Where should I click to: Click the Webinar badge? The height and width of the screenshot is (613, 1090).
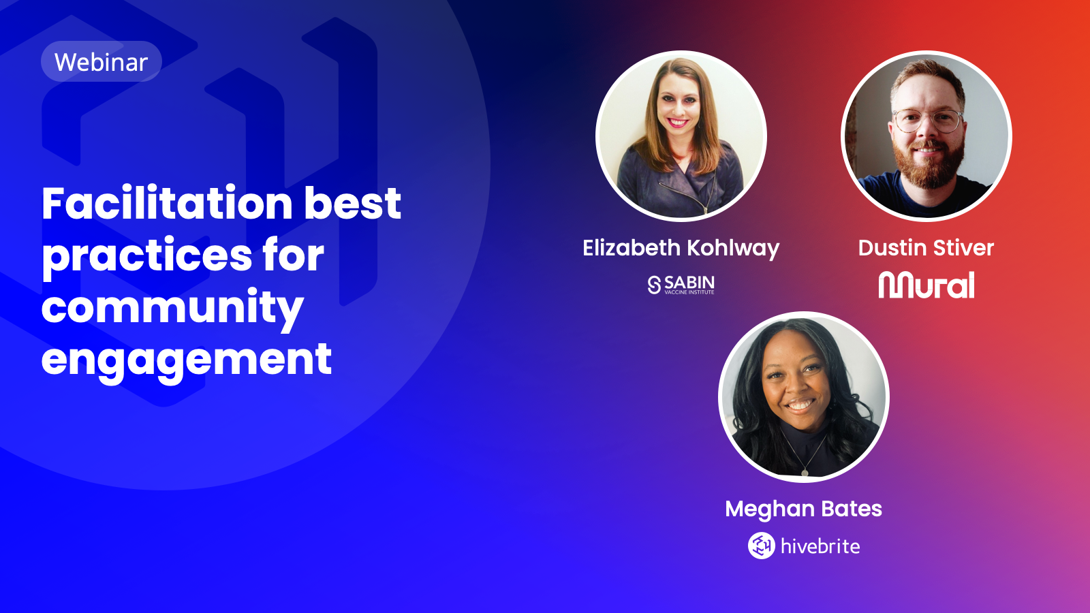pyautogui.click(x=102, y=61)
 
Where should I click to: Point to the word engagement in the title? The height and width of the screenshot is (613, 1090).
pyautogui.click(x=187, y=360)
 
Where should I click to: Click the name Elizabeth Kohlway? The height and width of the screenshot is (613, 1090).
pyautogui.click(x=681, y=248)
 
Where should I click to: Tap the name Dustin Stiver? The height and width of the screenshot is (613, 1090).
pyautogui.click(x=926, y=248)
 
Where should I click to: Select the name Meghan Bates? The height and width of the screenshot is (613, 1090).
pyautogui.click(x=803, y=509)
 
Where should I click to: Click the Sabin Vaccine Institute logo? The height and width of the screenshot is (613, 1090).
pyautogui.click(x=681, y=285)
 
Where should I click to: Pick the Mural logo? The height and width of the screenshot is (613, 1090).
pyautogui.click(x=926, y=285)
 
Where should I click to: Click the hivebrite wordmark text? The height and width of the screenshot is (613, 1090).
pyautogui.click(x=820, y=546)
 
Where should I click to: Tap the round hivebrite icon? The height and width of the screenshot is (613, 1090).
pyautogui.click(x=762, y=546)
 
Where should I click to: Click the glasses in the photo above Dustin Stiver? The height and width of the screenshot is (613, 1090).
pyautogui.click(x=927, y=121)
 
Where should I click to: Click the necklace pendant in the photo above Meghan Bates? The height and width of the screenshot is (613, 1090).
pyautogui.click(x=805, y=472)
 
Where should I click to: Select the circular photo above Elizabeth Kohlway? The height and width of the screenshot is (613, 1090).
pyautogui.click(x=681, y=136)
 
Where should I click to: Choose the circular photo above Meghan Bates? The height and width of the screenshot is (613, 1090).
pyautogui.click(x=804, y=397)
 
